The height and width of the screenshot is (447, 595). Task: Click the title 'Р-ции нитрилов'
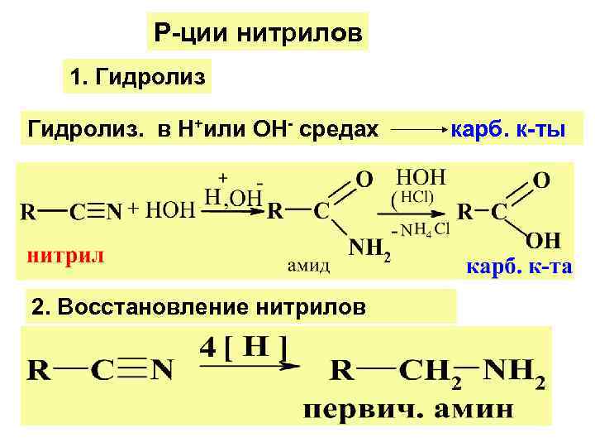pos(258,34)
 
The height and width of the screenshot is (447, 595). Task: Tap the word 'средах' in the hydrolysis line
pos(337,129)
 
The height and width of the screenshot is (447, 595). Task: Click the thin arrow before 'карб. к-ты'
pos(417,131)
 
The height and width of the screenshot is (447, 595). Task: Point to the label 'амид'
pos(309,265)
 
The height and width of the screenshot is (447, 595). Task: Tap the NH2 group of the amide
pos(368,246)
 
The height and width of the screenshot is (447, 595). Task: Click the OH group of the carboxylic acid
pos(543,240)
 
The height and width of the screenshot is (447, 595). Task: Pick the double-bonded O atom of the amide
pos(364,179)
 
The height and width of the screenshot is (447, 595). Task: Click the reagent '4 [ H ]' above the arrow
pos(243,347)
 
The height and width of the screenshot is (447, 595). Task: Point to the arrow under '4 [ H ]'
pos(248,368)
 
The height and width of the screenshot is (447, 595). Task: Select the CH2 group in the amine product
pos(430,371)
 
